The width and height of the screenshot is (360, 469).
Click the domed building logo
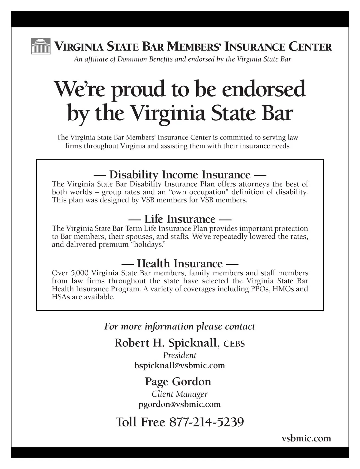click(x=40, y=46)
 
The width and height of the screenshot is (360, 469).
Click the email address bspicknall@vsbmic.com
click(x=180, y=366)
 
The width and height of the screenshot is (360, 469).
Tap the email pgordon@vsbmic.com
click(x=180, y=404)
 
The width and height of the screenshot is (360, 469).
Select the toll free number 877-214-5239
click(x=206, y=422)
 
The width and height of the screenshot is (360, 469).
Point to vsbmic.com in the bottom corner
click(x=306, y=438)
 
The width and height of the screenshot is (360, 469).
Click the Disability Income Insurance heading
click(x=180, y=174)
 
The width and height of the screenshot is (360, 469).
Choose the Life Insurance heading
click(x=180, y=219)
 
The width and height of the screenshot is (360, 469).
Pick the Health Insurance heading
click(x=180, y=264)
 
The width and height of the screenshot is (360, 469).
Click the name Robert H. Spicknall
click(x=166, y=343)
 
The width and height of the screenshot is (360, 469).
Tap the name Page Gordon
click(x=178, y=382)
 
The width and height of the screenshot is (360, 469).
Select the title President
click(x=180, y=355)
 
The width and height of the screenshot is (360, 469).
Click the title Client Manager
click(x=180, y=394)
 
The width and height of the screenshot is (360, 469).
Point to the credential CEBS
click(x=234, y=344)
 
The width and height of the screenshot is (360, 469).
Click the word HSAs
click(x=61, y=297)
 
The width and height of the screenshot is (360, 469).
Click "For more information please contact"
click(x=180, y=326)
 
